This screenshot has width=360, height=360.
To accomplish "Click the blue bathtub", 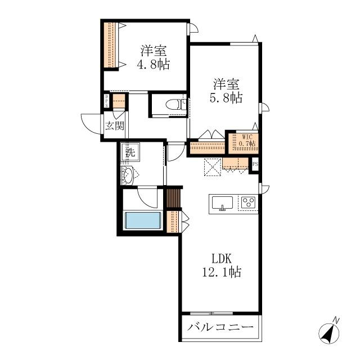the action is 142,220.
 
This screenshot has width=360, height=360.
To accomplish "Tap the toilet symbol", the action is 176,105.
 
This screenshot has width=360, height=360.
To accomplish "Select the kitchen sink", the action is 222,202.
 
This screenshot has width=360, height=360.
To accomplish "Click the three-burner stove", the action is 249,202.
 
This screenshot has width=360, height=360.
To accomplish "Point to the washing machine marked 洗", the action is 130,152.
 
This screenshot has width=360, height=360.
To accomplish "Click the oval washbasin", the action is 129,175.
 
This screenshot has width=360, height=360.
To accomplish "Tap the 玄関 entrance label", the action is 115,125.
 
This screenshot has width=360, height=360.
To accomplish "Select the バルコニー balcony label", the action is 220,327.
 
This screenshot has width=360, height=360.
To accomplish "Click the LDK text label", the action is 221,259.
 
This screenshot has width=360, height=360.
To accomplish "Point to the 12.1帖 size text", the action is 222,272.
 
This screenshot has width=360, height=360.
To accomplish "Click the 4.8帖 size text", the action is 154,64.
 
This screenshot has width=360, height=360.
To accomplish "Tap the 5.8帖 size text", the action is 226,98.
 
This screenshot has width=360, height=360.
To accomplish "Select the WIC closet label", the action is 247,137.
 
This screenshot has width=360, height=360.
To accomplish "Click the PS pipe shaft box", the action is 255,164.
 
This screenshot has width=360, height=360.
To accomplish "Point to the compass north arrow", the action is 329,331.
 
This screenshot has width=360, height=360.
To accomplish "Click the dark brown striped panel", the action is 173,197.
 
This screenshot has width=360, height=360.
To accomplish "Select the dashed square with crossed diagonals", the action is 213,167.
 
